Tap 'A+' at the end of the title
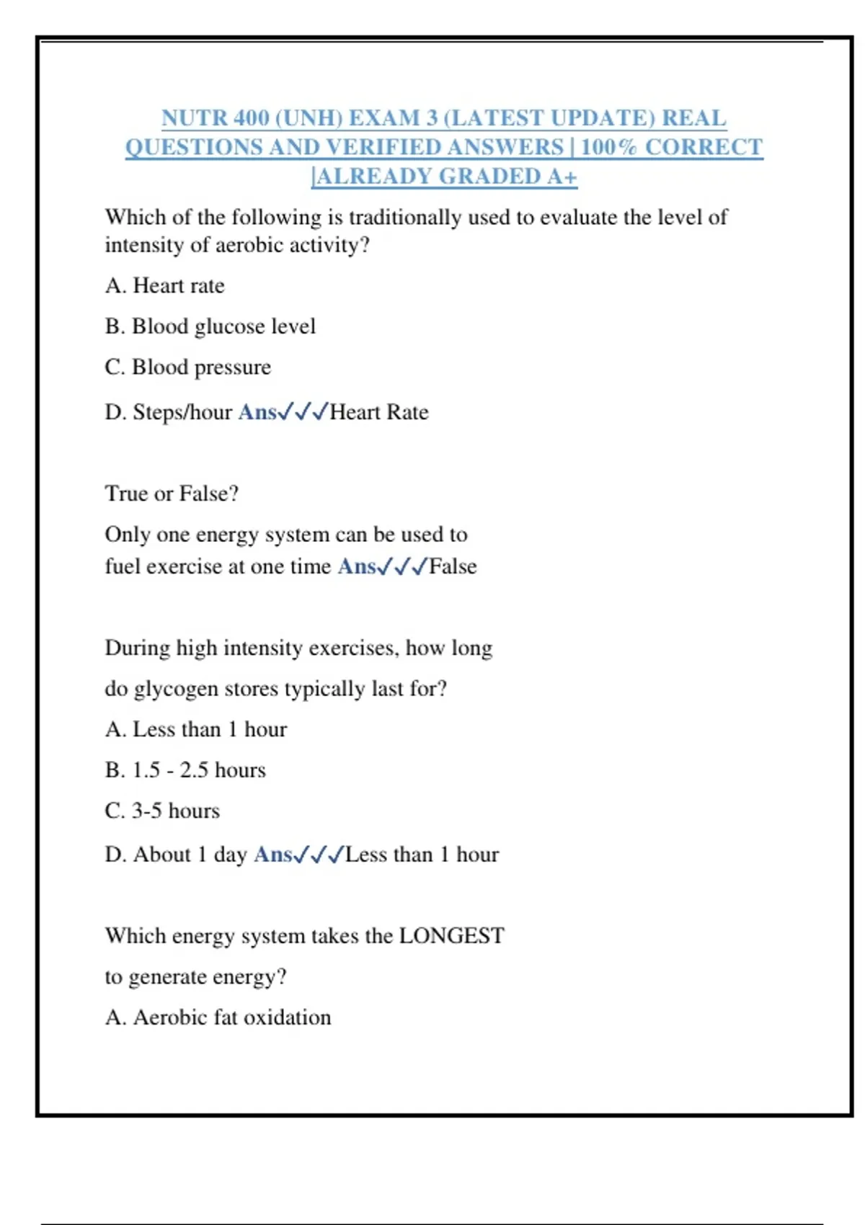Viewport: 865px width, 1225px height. coord(562,177)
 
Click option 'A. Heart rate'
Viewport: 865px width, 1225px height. coord(164,286)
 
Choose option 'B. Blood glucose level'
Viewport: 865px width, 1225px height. coord(210,326)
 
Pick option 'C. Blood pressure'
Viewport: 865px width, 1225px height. coord(187,367)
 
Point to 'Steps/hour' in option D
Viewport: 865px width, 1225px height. coord(182,412)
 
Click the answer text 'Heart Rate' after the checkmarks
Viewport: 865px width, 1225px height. coord(379,412)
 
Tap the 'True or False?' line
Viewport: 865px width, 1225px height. coord(172,494)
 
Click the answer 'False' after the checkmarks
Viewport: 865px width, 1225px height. coord(453,566)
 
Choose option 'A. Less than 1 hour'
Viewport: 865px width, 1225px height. coord(195,729)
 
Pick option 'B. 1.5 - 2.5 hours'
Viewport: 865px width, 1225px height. coord(185,770)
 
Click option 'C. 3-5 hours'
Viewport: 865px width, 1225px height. coord(162,811)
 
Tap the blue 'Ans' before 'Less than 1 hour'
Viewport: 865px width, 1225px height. coord(272,855)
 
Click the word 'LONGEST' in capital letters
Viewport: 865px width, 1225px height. coord(452,936)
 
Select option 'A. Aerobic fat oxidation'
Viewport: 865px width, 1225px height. coord(218,1017)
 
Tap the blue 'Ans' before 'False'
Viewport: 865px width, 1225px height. coord(357,566)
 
